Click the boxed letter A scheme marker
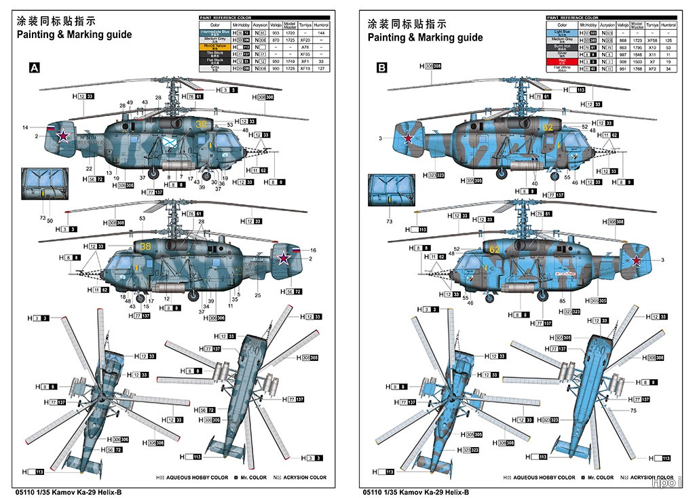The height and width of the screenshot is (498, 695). (x=33, y=68)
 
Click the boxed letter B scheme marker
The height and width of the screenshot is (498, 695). (x=382, y=68)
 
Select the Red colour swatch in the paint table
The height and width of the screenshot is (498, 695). (x=561, y=61)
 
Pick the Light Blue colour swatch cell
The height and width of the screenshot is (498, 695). (x=561, y=32)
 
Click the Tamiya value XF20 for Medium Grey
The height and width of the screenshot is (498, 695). (x=305, y=40)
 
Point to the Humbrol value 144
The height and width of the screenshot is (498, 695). (x=321, y=33)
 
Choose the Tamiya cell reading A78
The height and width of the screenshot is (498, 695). (x=305, y=47)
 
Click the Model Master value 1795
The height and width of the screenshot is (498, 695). (x=635, y=47)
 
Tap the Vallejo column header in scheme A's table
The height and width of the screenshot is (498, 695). (x=275, y=24)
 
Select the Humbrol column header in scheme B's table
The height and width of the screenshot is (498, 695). (x=669, y=24)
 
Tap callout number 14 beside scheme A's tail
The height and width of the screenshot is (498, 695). (x=25, y=128)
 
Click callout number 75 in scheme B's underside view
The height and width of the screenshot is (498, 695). (x=633, y=410)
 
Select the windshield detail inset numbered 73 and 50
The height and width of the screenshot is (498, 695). (x=42, y=185)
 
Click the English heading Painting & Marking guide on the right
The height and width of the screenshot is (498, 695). (x=426, y=37)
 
